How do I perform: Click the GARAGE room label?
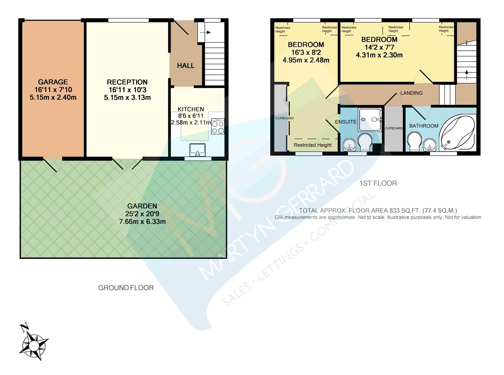(53, 82)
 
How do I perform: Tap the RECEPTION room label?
(127, 82)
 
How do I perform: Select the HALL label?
(186, 66)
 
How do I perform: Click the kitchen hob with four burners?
(218, 126)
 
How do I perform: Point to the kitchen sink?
(198, 150)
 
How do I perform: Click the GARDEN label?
(142, 206)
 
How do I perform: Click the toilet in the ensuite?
(365, 142)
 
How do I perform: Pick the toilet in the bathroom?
(415, 142)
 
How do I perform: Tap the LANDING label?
(412, 93)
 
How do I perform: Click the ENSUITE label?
(346, 122)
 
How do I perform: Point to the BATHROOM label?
(424, 126)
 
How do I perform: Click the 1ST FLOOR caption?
(378, 183)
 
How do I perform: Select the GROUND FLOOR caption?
(126, 288)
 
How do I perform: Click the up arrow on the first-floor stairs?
(466, 75)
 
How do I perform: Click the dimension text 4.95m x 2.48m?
(306, 60)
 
